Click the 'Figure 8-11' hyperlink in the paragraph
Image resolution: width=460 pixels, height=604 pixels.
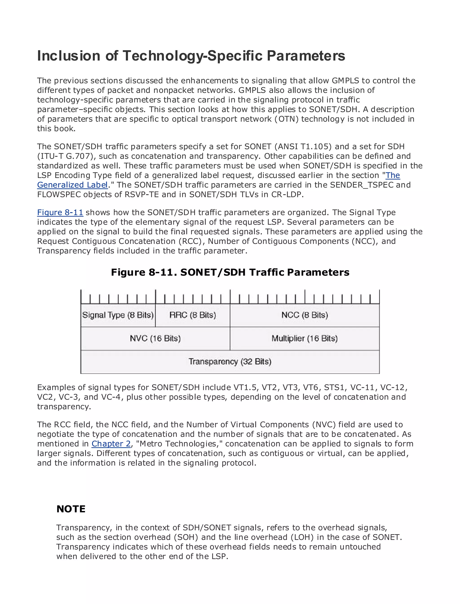pyautogui.click(x=60, y=213)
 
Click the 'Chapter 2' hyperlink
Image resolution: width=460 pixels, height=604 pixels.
pyautogui.click(x=111, y=444)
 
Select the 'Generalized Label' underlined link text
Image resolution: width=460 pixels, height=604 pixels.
pyautogui.click(x=72, y=185)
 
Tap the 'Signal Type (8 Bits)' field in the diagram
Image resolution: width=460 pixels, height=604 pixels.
pyautogui.click(x=118, y=315)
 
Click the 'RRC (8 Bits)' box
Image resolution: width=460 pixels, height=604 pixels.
pyautogui.click(x=192, y=315)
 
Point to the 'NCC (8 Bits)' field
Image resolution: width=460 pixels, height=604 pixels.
pyautogui.click(x=305, y=315)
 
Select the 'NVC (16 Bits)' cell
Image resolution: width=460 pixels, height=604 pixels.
pyautogui.click(x=155, y=338)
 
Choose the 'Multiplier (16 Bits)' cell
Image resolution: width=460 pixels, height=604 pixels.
pyautogui.click(x=305, y=338)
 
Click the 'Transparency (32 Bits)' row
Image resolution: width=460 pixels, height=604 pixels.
pyautogui.click(x=230, y=362)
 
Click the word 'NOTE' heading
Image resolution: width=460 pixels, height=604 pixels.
pyautogui.click(x=71, y=509)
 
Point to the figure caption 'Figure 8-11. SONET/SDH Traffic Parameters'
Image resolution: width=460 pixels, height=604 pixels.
pyautogui.click(x=230, y=272)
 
